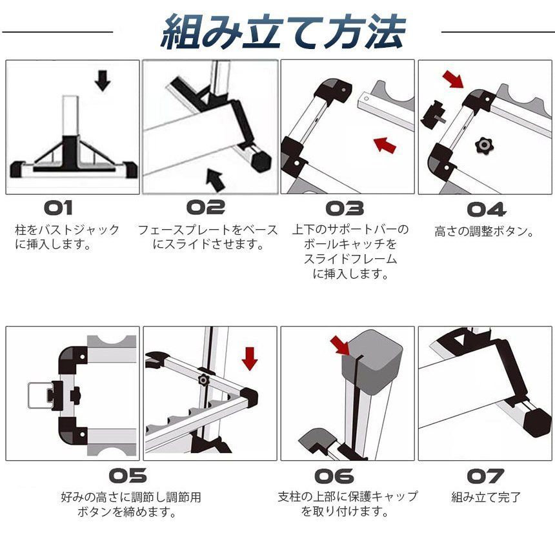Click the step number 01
[68, 208]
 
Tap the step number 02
[206, 208]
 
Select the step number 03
[344, 208]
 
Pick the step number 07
[485, 476]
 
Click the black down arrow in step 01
[102, 80]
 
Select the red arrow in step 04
[453, 79]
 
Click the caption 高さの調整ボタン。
[484, 230]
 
